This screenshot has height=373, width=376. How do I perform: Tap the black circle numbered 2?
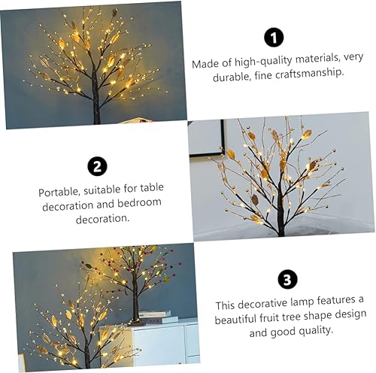97,167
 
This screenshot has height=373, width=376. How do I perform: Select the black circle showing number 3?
287,280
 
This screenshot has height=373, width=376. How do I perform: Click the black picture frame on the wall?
207,138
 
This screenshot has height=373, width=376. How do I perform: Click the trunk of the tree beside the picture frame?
280,218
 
